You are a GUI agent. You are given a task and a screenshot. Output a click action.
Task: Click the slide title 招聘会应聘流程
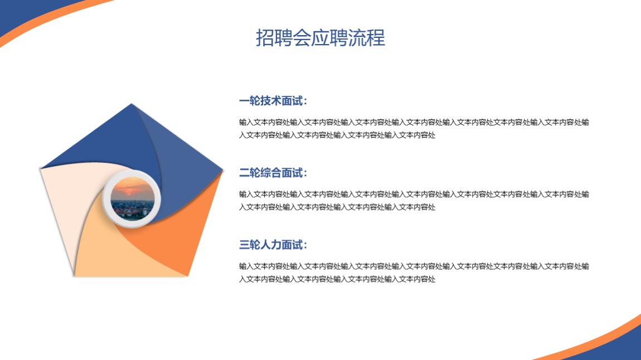[x=320, y=37]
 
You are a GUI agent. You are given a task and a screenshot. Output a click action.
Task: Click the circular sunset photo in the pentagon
[x=133, y=198]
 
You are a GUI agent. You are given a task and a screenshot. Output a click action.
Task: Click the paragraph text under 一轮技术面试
[x=414, y=128]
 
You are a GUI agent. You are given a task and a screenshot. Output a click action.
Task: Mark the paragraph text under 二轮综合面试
[x=414, y=200]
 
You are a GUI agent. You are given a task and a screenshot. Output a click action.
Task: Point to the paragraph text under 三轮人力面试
[x=414, y=273]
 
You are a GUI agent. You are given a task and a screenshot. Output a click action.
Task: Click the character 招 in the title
[x=265, y=37]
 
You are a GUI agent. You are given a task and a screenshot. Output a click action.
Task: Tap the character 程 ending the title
[x=376, y=37]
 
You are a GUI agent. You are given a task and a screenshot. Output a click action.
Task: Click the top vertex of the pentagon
[x=131, y=104]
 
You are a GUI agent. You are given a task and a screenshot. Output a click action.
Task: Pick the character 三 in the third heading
[x=245, y=245]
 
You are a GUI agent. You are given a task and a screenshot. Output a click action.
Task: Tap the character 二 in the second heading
[x=245, y=173]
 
